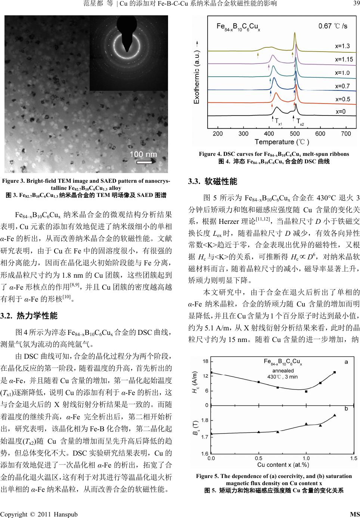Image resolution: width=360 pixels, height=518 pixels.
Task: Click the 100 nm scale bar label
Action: (x=143, y=154)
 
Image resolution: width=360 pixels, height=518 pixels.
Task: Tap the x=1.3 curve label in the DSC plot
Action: (x=342, y=46)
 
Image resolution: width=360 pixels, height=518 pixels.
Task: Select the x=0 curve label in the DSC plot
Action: (x=340, y=111)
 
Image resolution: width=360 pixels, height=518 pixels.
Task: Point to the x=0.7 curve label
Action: (x=342, y=86)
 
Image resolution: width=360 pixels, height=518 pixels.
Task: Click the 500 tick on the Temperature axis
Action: (x=295, y=133)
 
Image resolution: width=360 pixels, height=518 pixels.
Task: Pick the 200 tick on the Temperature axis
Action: (x=218, y=133)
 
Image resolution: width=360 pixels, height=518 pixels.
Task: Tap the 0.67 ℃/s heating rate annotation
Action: (x=332, y=26)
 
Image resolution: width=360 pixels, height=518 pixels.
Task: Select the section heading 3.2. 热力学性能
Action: (x=29, y=316)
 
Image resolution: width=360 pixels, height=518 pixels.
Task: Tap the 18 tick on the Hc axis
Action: (x=205, y=361)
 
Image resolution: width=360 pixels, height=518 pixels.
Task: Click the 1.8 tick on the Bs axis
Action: (x=205, y=420)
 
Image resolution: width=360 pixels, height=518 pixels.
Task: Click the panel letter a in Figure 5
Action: (x=346, y=362)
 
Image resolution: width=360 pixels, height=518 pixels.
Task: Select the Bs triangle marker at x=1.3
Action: (x=335, y=415)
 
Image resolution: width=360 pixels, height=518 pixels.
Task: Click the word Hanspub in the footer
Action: (x=66, y=514)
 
